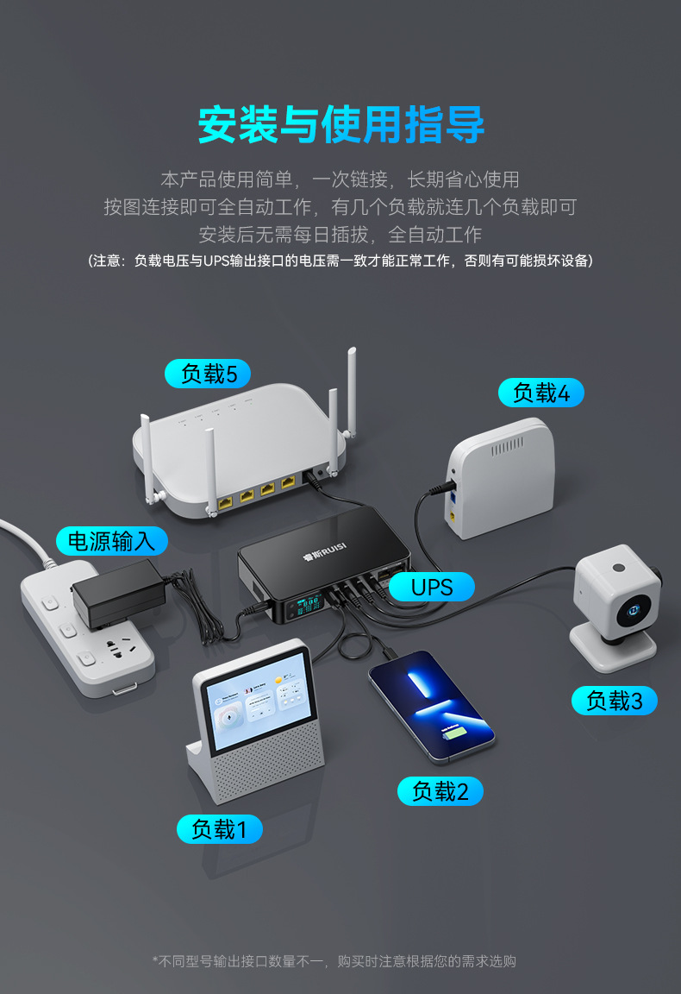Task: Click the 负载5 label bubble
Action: (208, 374)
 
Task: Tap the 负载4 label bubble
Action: (540, 393)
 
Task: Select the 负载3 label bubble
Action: (614, 701)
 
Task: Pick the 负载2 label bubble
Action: (440, 791)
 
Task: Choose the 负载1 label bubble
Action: (219, 828)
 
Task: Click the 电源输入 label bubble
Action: (111, 541)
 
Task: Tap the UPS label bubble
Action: (432, 587)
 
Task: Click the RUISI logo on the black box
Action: (324, 553)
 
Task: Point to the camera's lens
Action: (634, 610)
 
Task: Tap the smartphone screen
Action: (432, 704)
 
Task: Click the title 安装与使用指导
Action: (340, 125)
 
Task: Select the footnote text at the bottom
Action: (334, 961)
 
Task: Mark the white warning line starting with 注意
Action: (340, 261)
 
